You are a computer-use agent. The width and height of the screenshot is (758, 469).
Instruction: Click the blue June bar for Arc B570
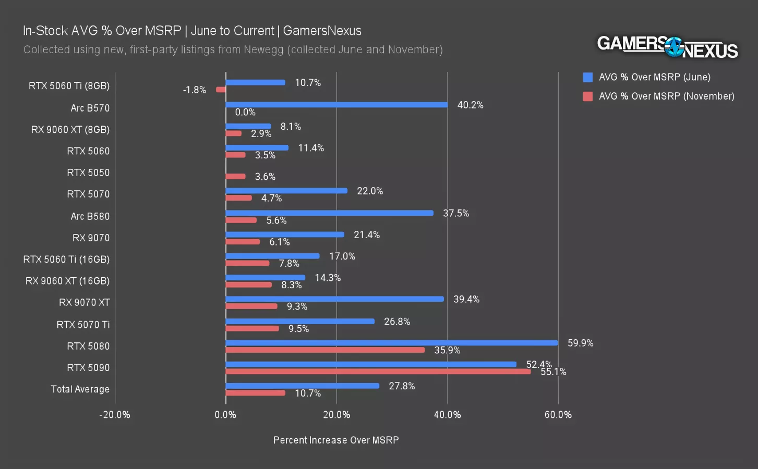(336, 105)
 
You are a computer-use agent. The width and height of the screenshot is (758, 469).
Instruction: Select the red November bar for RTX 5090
(378, 372)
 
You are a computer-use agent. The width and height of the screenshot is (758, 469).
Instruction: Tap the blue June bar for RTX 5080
(391, 343)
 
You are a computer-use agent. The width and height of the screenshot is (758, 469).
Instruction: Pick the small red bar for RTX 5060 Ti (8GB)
(221, 90)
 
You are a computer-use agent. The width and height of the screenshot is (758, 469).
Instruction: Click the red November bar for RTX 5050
(235, 177)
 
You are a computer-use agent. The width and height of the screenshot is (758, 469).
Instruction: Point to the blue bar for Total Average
(303, 386)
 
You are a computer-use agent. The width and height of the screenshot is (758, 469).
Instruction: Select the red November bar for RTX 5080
(325, 350)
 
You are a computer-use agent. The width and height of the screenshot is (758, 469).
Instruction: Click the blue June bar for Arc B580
(329, 213)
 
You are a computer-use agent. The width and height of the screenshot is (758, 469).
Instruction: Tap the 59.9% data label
(580, 343)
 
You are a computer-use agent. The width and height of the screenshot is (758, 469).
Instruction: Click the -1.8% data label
(195, 90)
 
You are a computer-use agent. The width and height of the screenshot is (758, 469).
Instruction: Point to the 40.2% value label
(470, 105)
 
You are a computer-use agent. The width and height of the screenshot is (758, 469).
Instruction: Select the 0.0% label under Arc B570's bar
(245, 112)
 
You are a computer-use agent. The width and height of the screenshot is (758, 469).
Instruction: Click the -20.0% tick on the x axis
(115, 415)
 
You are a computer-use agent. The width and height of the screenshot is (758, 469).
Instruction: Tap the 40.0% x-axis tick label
(447, 415)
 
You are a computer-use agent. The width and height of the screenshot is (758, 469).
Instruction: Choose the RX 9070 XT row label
(84, 303)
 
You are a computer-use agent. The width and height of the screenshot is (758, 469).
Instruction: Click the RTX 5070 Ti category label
(83, 325)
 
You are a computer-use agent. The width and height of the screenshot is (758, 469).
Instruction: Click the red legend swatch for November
(588, 96)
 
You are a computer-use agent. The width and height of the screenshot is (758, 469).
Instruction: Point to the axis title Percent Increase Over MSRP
(336, 440)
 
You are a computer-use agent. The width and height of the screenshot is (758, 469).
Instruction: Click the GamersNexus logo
(667, 47)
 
